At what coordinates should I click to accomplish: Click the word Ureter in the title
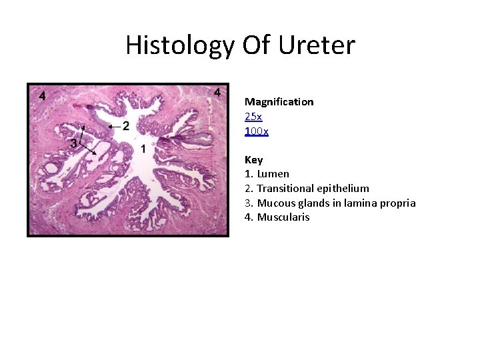tap(318, 45)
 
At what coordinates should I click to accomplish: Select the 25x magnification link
tap(253, 117)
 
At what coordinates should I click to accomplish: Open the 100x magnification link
tap(257, 131)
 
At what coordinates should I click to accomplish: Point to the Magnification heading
tap(279, 102)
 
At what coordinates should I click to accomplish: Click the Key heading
tap(253, 160)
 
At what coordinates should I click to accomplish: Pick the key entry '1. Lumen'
tap(267, 174)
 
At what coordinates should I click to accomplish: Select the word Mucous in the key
tap(274, 203)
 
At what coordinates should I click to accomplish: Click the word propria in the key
tap(397, 203)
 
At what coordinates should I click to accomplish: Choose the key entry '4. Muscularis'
tap(277, 217)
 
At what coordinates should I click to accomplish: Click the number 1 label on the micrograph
tap(143, 148)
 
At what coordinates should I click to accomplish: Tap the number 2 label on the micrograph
tap(126, 126)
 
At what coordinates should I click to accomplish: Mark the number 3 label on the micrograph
tap(73, 143)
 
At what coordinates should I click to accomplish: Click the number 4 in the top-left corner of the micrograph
tap(43, 95)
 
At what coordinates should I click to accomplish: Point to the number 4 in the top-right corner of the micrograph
tap(217, 93)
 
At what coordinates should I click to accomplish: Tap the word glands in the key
tap(311, 203)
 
